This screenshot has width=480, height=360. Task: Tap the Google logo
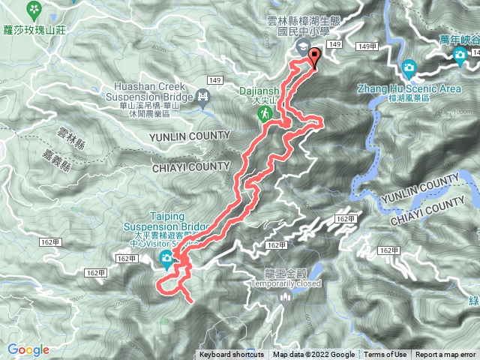pyautogui.click(x=28, y=349)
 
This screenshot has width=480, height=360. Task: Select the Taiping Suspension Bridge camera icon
pyautogui.click(x=166, y=260)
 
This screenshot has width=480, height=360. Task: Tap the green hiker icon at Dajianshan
pyautogui.click(x=265, y=113)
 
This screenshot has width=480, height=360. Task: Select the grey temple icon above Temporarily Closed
pyautogui.click(x=286, y=298)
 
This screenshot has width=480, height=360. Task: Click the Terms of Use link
pyautogui.click(x=385, y=355)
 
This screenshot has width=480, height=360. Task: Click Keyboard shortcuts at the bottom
pyautogui.click(x=232, y=355)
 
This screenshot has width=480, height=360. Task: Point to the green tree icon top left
pyautogui.click(x=33, y=9)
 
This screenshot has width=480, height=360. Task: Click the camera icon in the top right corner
pyautogui.click(x=459, y=55)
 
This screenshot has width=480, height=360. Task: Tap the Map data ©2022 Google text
pyautogui.click(x=313, y=355)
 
